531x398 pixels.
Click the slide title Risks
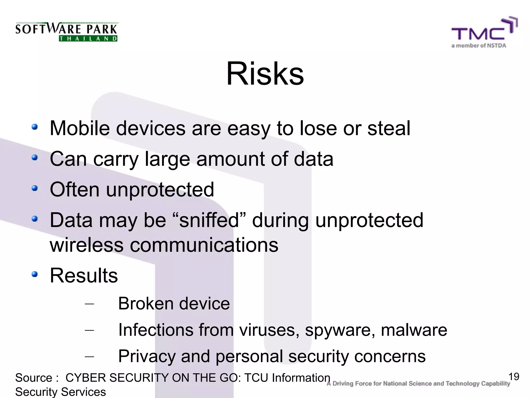coord(265,74)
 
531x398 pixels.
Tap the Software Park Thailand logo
coord(66,32)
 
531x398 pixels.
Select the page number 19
coord(514,376)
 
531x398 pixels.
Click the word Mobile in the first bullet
coord(80,128)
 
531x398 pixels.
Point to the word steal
coord(389,128)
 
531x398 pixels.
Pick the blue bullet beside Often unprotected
coord(34,188)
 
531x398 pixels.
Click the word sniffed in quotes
coord(209,220)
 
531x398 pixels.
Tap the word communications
coord(204,245)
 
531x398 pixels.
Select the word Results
coord(84,275)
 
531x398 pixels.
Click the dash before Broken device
coord(89,304)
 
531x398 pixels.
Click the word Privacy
coord(147,357)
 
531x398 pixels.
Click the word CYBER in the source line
coord(86,378)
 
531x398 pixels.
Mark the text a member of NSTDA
coord(479,46)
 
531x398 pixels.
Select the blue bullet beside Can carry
coord(34,158)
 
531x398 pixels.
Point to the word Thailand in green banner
coord(88,39)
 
